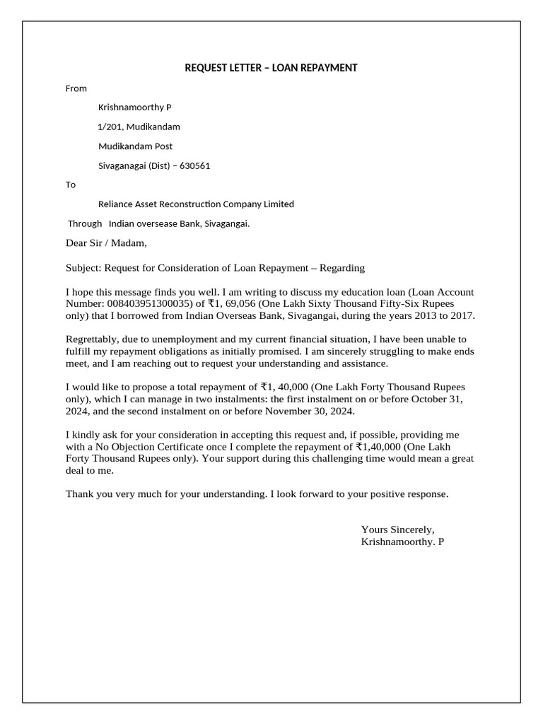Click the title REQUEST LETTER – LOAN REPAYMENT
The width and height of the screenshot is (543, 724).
pyautogui.click(x=271, y=68)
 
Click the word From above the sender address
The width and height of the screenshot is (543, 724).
pyautogui.click(x=76, y=88)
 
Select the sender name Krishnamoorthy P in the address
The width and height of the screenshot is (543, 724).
pyautogui.click(x=134, y=107)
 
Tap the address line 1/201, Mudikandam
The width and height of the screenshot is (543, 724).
pyautogui.click(x=139, y=127)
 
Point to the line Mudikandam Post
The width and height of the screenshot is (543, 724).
pyautogui.click(x=135, y=146)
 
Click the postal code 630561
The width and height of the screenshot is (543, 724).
pyautogui.click(x=195, y=166)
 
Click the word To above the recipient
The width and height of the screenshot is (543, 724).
pyautogui.click(x=71, y=185)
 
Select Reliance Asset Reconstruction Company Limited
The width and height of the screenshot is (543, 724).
pyautogui.click(x=196, y=204)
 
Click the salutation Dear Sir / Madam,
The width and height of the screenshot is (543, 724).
pyautogui.click(x=106, y=244)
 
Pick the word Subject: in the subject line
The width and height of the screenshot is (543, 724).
pyautogui.click(x=84, y=268)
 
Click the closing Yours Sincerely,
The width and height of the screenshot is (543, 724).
pyautogui.click(x=397, y=530)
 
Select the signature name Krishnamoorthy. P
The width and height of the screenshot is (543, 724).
pyautogui.click(x=402, y=542)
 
